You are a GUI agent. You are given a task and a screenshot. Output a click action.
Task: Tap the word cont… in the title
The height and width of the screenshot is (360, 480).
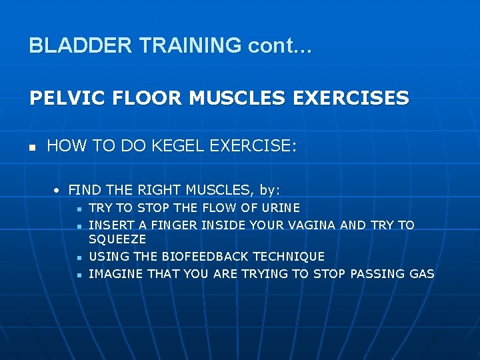[280, 45]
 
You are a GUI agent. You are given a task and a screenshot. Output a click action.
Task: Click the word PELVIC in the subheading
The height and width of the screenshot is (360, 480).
[61, 99]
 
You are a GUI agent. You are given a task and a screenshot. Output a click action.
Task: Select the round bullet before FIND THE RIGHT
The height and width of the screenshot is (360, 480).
[58, 191]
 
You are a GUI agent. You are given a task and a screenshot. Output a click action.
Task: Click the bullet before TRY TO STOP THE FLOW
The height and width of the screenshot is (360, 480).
[79, 209]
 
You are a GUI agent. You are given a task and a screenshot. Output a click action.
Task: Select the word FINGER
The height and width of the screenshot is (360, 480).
[158, 225]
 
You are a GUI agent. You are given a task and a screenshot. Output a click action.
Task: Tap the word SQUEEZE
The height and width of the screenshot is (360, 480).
[117, 239]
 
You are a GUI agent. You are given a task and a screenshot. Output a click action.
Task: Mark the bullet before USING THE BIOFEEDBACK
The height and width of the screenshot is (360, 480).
[79, 257]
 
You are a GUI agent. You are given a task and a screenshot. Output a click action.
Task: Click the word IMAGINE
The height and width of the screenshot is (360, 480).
[116, 273]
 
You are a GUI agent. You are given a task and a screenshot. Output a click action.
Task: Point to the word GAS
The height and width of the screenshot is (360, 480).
[421, 273]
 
